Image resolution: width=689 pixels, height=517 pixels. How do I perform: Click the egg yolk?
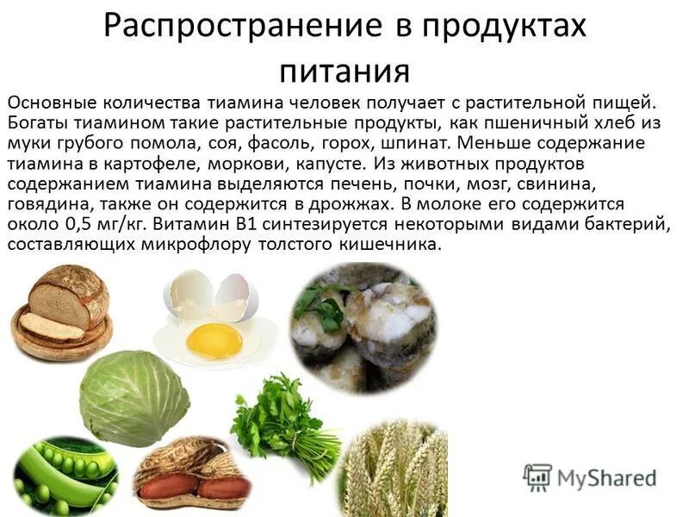(x=214, y=341)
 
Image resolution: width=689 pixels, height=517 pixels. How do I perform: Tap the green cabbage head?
(x=134, y=397)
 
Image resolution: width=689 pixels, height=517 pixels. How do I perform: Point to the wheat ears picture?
(x=397, y=472)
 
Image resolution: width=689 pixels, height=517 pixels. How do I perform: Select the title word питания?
(x=344, y=69)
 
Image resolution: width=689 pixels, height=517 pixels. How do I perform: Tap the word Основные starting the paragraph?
(x=51, y=102)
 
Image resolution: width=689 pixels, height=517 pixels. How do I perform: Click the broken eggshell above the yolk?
(x=212, y=293)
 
